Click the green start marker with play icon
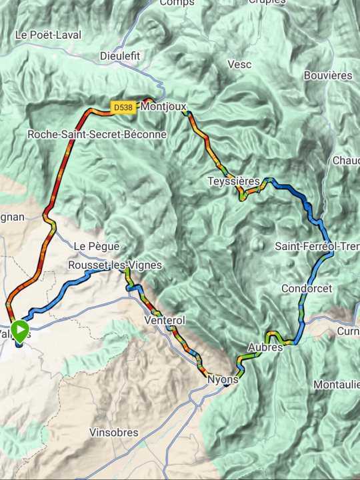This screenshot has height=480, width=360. [x=20, y=329]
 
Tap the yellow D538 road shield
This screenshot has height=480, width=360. [x=123, y=107]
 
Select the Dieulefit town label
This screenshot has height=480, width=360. [x=120, y=56]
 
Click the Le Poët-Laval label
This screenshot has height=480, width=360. [x=47, y=35]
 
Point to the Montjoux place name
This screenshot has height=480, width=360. [x=164, y=106]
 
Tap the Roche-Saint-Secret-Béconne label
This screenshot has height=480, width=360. [x=97, y=134]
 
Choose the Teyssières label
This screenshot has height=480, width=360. [x=233, y=181]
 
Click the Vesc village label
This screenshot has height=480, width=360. [x=239, y=64]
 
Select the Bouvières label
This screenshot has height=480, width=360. [x=327, y=75]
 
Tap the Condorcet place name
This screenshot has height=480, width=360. [x=306, y=288]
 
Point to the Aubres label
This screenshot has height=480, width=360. [x=265, y=347]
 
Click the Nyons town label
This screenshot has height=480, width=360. [x=223, y=379]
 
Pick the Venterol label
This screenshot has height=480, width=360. [x=164, y=321]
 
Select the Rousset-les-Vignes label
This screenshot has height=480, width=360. [x=115, y=265]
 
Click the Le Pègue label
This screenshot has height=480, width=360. [x=90, y=245]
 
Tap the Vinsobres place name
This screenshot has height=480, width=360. [x=114, y=433]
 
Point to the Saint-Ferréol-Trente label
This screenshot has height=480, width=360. [x=317, y=246]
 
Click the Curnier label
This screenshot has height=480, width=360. [x=348, y=331]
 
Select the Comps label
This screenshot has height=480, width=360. [x=177, y=3]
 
